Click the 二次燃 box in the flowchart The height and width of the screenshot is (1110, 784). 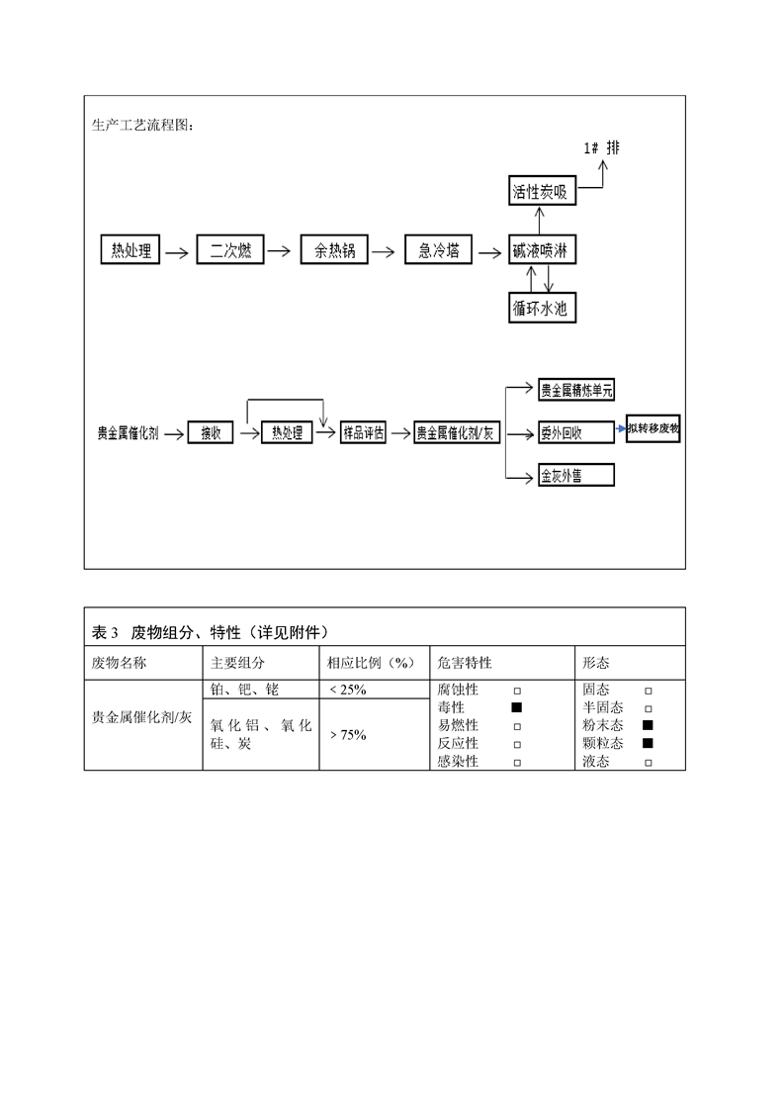(230, 249)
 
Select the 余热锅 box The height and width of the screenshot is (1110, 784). (334, 249)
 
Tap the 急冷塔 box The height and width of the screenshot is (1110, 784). (439, 249)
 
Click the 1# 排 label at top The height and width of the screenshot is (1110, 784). (601, 148)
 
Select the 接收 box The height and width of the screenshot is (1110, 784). (210, 432)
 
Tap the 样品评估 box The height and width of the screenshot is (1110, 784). (363, 432)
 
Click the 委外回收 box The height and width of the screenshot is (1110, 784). (575, 432)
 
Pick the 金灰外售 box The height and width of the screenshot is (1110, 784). (575, 476)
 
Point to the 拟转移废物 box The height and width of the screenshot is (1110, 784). (653, 429)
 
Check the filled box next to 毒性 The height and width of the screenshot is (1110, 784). (516, 707)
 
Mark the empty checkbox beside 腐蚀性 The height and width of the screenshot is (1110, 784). (516, 690)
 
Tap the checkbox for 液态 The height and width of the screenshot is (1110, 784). (648, 762)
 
